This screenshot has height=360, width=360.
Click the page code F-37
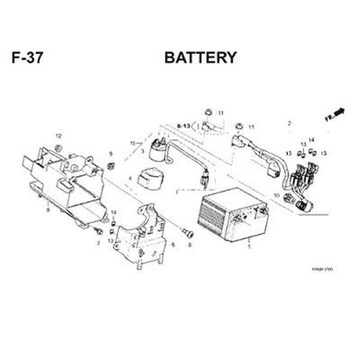27,58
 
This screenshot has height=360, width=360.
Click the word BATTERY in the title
200,58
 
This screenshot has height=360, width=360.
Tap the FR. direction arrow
336,114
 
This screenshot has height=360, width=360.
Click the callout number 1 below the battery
249,246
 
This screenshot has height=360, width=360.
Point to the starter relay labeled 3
157,150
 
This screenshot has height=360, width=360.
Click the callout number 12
59,136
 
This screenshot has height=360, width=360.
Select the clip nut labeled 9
110,166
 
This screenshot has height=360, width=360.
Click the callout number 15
133,143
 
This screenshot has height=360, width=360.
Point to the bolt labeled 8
188,234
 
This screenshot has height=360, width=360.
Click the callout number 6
173,245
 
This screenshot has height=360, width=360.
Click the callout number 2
289,123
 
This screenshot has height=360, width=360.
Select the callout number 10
276,195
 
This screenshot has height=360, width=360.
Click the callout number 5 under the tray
48,209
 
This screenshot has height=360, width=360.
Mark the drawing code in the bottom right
322,269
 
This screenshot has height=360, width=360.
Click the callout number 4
130,179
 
